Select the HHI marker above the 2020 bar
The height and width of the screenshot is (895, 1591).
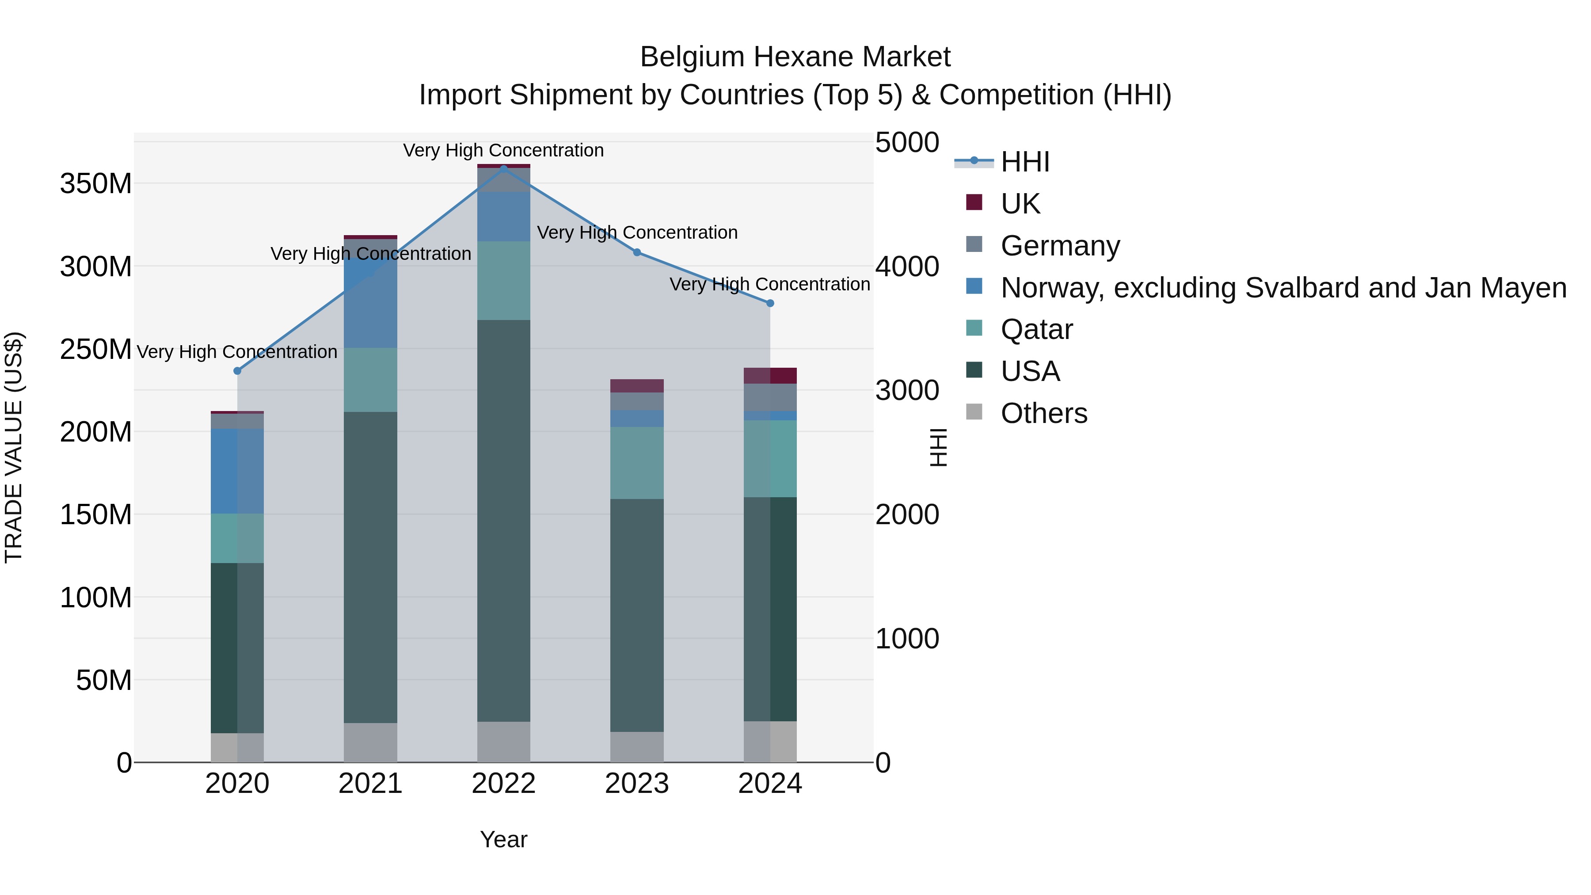(x=237, y=371)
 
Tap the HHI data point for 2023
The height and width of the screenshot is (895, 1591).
(x=637, y=252)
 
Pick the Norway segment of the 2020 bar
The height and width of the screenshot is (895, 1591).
(x=237, y=471)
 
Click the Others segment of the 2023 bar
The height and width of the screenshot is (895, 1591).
(x=637, y=747)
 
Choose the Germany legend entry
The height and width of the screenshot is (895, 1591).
(x=1060, y=246)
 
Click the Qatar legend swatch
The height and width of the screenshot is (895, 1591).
(x=974, y=328)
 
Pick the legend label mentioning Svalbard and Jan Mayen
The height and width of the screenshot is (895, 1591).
(x=1283, y=288)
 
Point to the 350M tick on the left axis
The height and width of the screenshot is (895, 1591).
(x=96, y=184)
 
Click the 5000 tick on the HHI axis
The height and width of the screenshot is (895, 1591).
(x=907, y=143)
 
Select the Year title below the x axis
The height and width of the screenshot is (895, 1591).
(x=503, y=839)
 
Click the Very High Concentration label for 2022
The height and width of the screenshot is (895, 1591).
(x=503, y=150)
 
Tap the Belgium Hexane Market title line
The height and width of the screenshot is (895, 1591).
(x=795, y=57)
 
